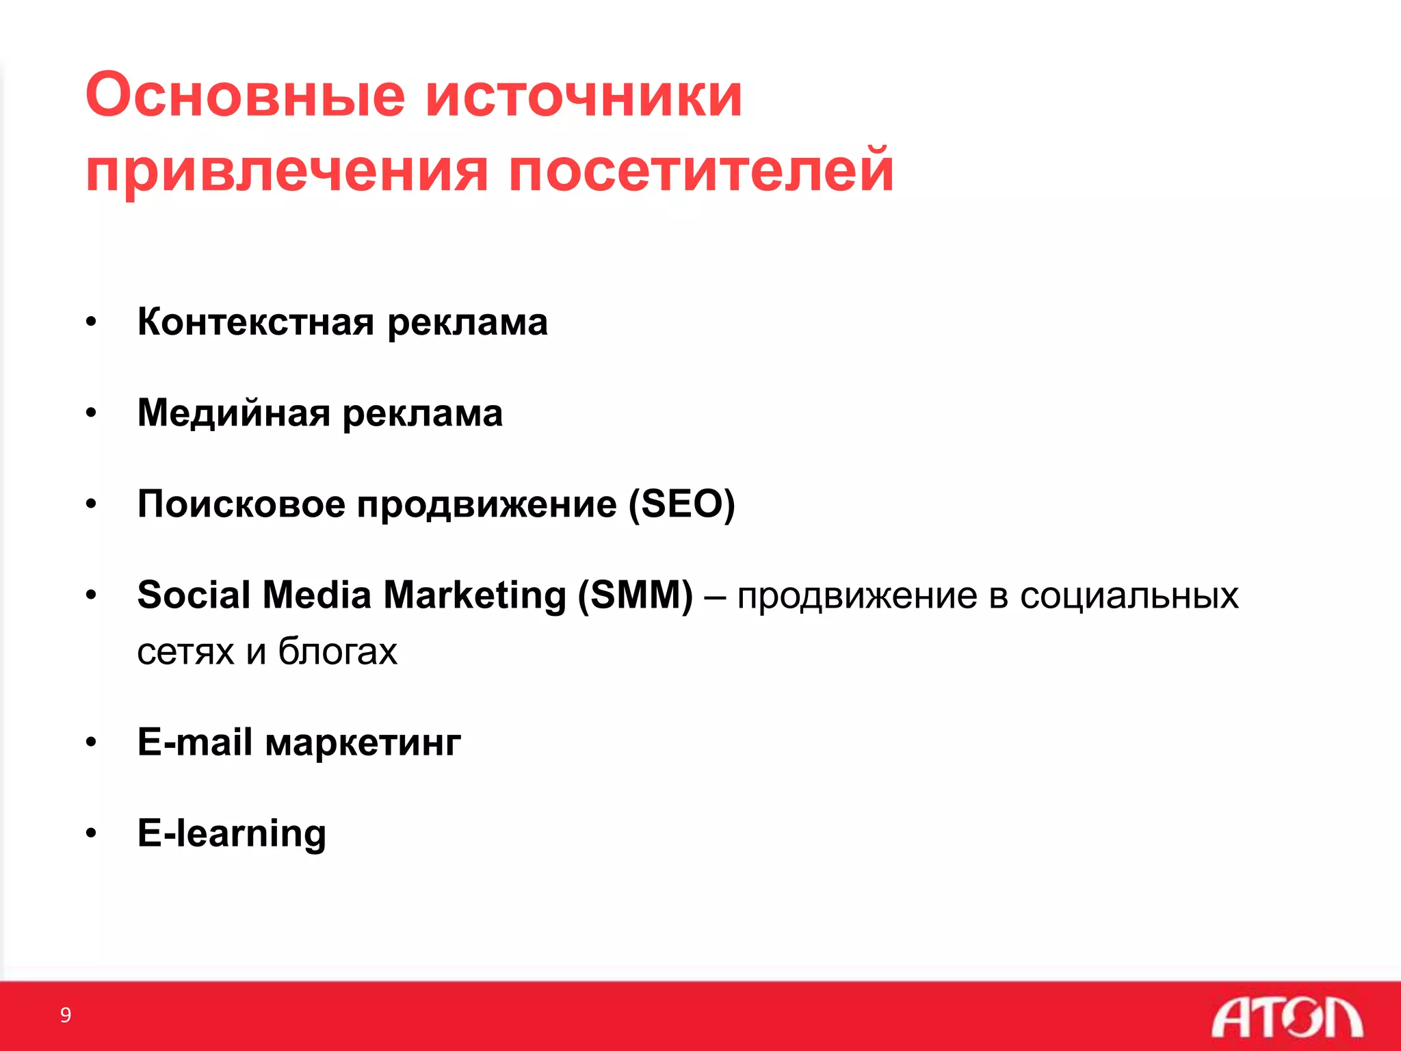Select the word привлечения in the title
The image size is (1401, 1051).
(287, 171)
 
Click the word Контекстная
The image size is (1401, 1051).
(256, 322)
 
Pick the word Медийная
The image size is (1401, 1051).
(233, 413)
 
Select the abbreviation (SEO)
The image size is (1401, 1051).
(681, 504)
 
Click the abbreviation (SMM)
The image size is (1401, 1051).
(635, 595)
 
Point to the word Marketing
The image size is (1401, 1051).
(474, 595)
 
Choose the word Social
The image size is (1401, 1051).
(194, 595)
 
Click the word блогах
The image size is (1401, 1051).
(337, 651)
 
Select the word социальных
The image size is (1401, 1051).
(1129, 595)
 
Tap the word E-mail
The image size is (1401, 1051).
(194, 742)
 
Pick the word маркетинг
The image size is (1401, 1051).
(363, 743)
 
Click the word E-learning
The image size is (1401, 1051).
(231, 833)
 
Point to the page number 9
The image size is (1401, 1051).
(66, 1015)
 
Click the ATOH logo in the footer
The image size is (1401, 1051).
(1286, 1017)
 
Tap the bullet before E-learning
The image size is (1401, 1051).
(91, 833)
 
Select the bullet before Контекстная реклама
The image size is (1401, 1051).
(91, 322)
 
